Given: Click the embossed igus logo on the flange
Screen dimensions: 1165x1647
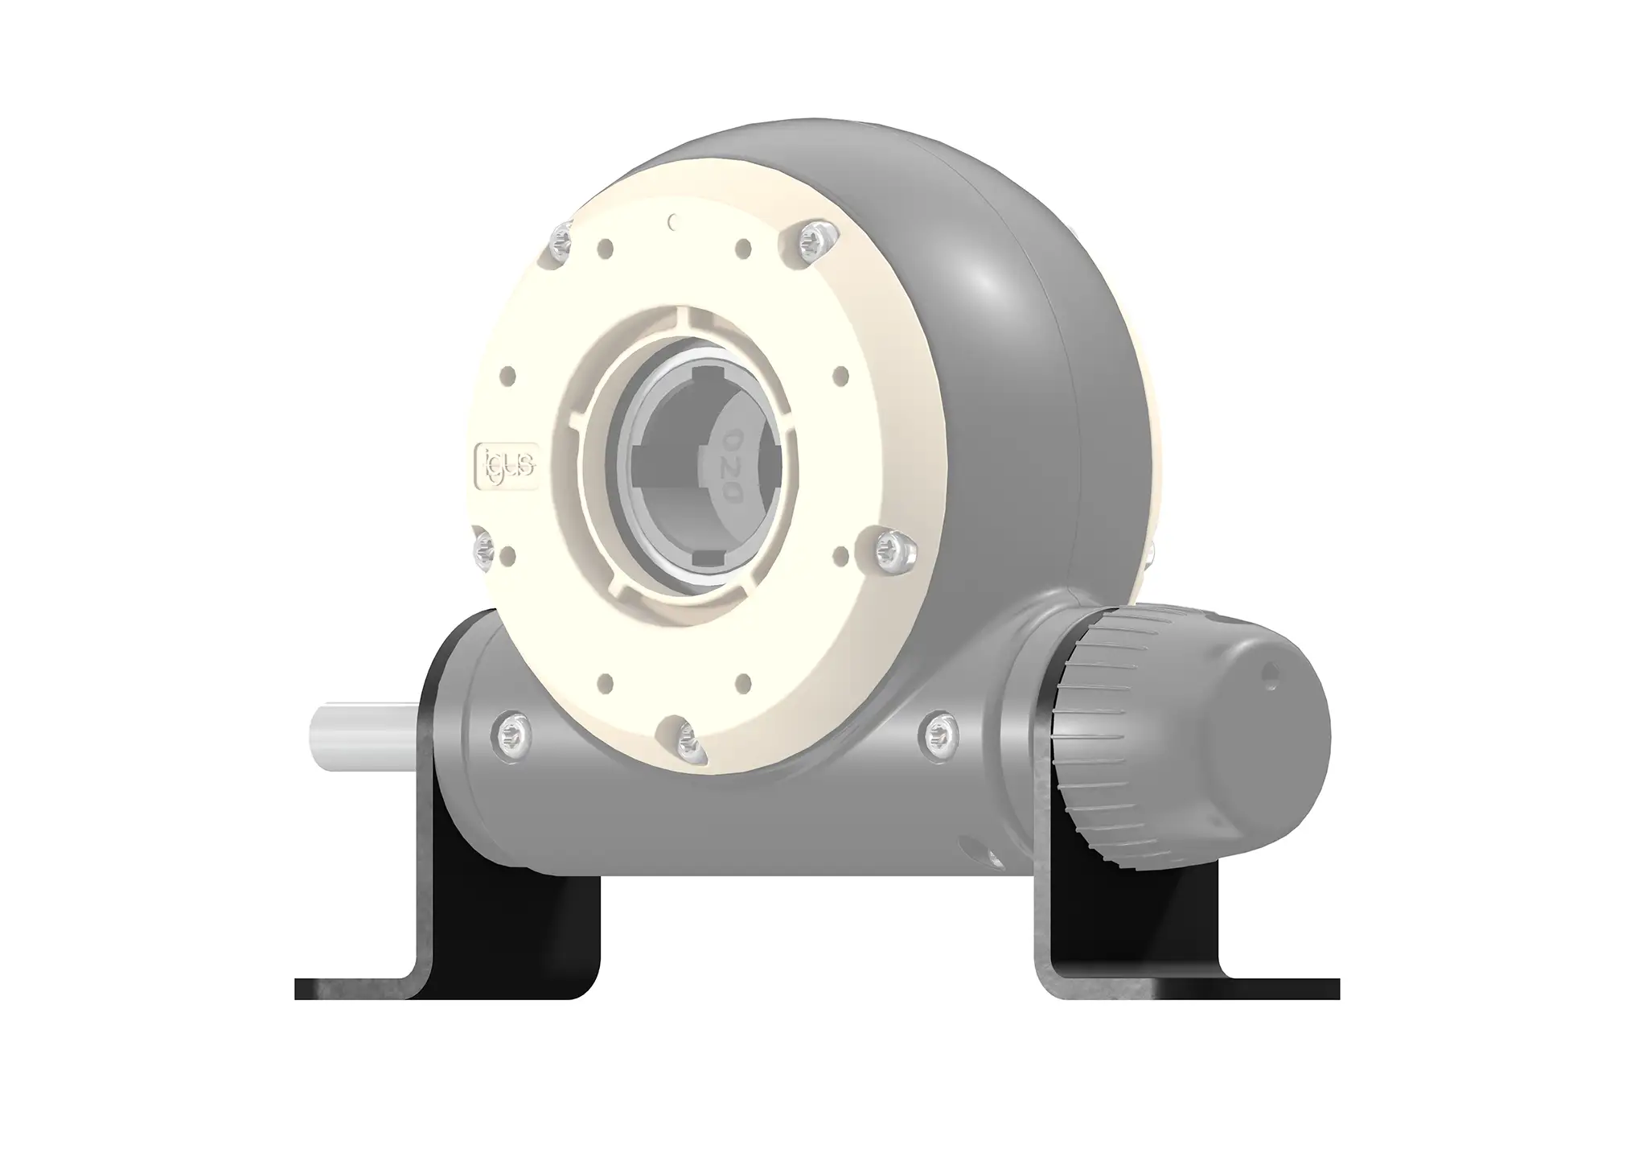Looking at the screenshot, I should click(507, 466).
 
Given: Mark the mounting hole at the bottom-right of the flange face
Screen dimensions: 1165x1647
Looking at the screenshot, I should click(744, 682).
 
